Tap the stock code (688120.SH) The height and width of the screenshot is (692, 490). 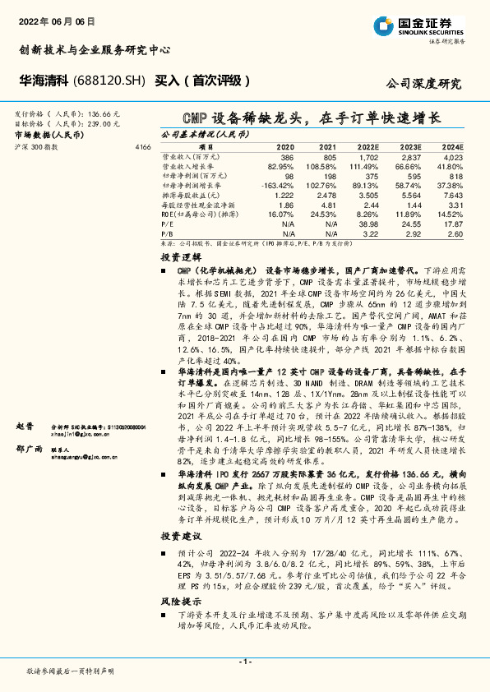[111, 81]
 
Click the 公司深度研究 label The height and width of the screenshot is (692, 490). [423, 83]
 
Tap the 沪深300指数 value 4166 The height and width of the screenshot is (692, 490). [142, 146]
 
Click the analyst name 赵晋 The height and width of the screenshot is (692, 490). [25, 427]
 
